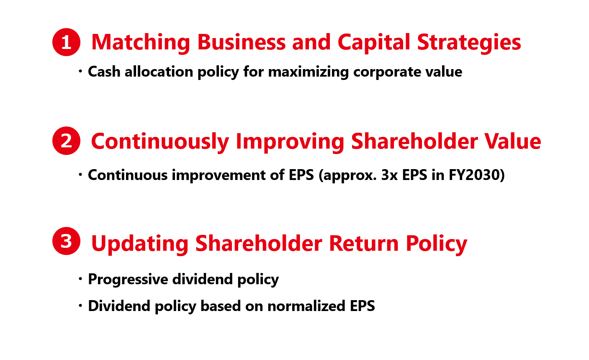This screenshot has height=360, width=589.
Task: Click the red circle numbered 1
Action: tap(66, 42)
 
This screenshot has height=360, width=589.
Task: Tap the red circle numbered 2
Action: tap(66, 141)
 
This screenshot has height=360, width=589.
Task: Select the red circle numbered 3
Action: tap(66, 241)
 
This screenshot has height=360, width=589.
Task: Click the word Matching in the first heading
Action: tap(141, 43)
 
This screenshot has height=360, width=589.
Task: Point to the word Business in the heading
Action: tap(242, 42)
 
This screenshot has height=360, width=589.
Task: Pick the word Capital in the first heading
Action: tap(374, 43)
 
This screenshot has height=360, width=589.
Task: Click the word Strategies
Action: tap(469, 43)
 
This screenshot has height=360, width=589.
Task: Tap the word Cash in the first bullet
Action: tap(104, 72)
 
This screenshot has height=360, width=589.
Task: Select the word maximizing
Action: tap(309, 72)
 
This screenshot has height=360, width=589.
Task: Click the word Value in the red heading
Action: tap(513, 141)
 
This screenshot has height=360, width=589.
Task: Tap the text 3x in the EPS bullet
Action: tap(389, 175)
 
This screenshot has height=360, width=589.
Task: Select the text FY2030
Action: tap(474, 175)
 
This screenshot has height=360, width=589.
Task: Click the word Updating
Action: tap(140, 244)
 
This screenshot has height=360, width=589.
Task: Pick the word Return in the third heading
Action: tap(364, 243)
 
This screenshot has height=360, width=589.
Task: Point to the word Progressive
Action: tap(128, 279)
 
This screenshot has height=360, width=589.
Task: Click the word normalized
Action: tap(306, 306)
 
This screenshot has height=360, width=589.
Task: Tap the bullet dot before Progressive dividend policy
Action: tap(80, 279)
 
